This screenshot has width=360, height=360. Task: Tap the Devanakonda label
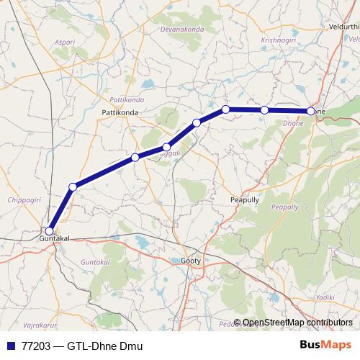(182, 30)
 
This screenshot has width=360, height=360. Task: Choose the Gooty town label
(191, 260)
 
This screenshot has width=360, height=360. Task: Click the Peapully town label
(243, 199)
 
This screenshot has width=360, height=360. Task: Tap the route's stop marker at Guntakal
(49, 231)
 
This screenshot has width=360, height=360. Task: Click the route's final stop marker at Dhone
(311, 111)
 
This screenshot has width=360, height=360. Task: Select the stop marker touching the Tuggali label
(166, 147)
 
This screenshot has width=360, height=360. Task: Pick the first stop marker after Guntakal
(72, 187)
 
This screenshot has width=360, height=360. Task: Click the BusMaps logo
(326, 345)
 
